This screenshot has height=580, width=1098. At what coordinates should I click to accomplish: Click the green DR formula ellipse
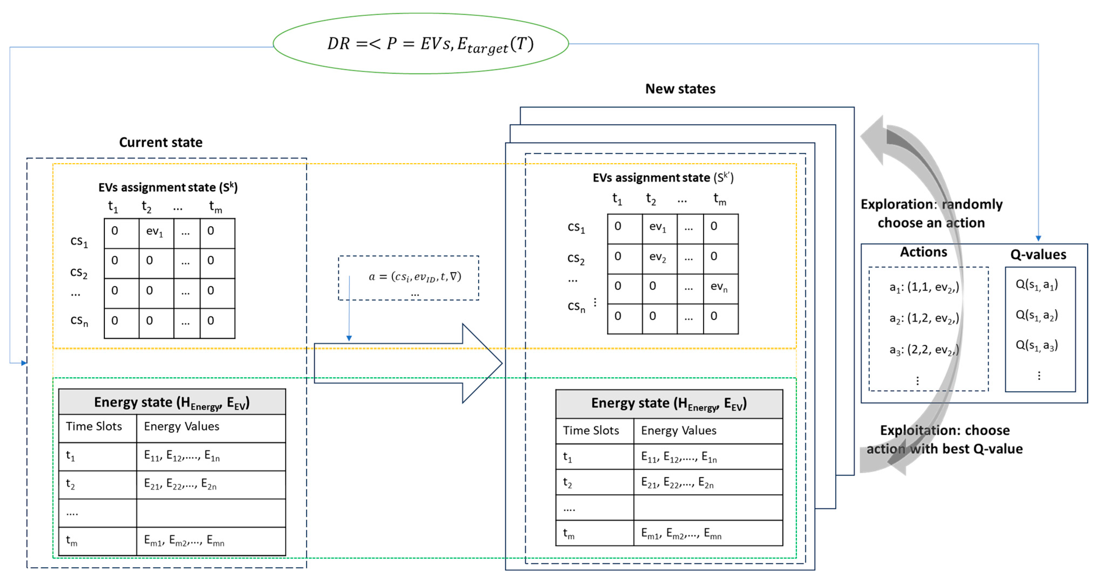[x=420, y=43]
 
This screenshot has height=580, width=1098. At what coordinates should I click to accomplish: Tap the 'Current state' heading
[x=161, y=142]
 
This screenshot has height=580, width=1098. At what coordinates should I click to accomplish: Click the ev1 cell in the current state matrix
[x=156, y=232]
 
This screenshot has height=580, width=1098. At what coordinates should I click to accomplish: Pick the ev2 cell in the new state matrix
[x=658, y=258]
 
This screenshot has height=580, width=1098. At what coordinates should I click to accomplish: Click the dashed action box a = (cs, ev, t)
[x=408, y=278]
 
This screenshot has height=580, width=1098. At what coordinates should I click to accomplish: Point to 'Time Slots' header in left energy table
[x=94, y=427]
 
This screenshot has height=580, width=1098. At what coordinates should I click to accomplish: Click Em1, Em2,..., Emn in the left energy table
[x=184, y=541]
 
